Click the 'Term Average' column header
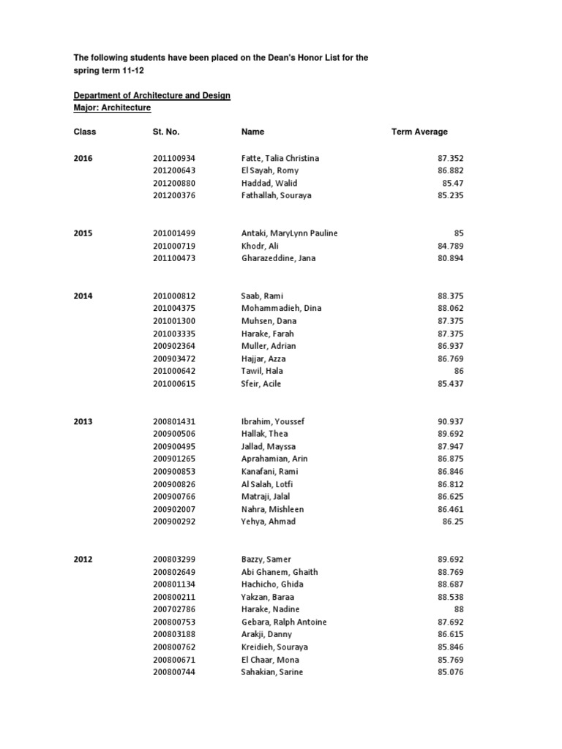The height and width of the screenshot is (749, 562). [x=419, y=132]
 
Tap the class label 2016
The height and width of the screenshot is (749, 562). [x=83, y=158]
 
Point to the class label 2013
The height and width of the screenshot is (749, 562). [x=83, y=422]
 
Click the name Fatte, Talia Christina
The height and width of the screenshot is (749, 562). [x=280, y=158]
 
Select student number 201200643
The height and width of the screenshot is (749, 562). [x=174, y=170]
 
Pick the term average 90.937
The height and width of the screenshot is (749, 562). [x=450, y=422]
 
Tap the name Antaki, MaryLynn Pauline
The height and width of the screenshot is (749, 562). [x=289, y=233]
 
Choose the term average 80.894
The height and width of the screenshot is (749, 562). [x=450, y=258]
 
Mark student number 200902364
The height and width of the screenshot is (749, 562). [x=174, y=346]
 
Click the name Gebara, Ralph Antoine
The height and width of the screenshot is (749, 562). [x=284, y=622]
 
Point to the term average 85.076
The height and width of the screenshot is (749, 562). [x=450, y=672]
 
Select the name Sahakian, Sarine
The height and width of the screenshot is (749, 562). [x=271, y=672]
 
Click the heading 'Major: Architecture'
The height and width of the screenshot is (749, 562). [x=112, y=108]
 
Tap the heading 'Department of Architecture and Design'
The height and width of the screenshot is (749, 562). [x=151, y=96]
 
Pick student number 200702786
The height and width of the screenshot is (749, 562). [x=174, y=609]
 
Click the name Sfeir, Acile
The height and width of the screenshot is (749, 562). [x=261, y=384]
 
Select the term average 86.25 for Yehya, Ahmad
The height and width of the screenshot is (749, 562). [x=453, y=522]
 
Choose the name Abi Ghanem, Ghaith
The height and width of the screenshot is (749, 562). [x=280, y=572]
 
